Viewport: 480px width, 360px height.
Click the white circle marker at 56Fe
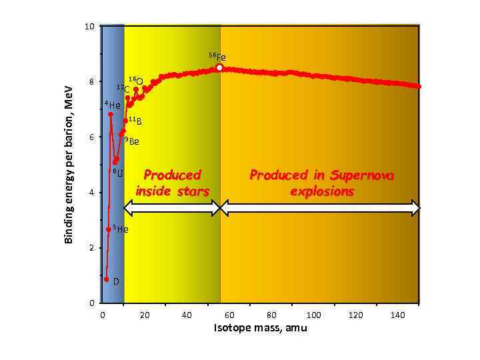tap(219, 67)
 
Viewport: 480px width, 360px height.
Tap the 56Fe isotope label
tap(217, 57)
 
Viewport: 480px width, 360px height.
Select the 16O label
tap(135, 81)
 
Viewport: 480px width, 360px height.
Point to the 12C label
tap(123, 88)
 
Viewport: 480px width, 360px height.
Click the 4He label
tap(113, 105)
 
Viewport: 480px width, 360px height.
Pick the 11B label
tap(135, 121)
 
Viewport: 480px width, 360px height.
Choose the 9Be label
tap(132, 141)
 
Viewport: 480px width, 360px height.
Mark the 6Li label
tap(117, 174)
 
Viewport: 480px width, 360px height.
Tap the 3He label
tap(120, 229)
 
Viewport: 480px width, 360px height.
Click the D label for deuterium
tap(116, 281)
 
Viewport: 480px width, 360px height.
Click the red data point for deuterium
tap(106, 279)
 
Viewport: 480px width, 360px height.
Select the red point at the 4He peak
tap(110, 115)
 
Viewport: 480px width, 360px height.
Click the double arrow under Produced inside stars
tap(172, 209)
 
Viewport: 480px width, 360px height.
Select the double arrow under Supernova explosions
tap(320, 209)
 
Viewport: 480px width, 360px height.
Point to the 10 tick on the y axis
tap(89, 27)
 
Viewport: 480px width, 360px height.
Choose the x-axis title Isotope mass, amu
tap(260, 329)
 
